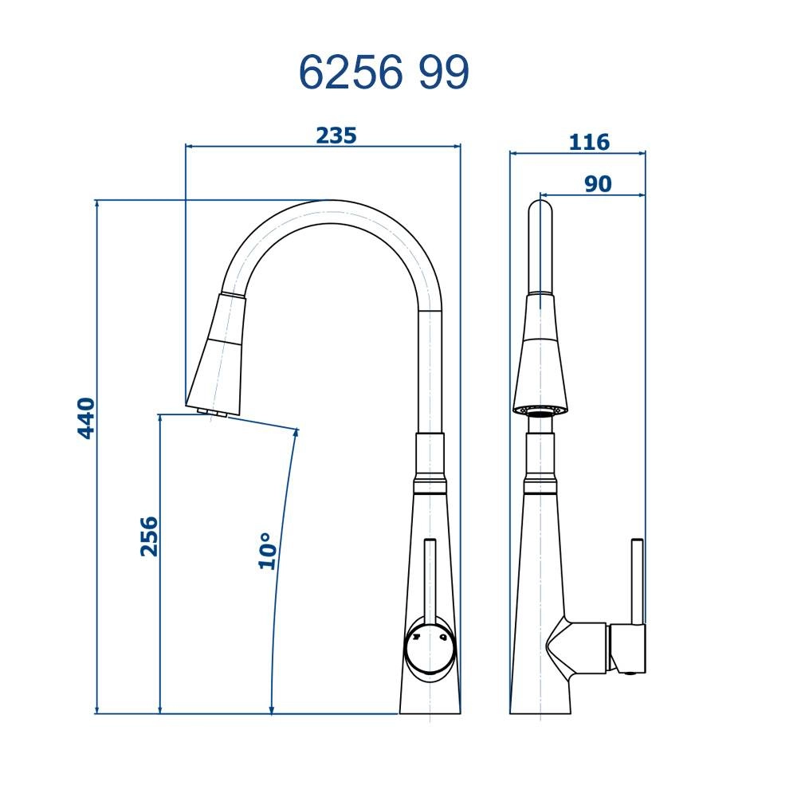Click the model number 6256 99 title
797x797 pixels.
pyautogui.click(x=383, y=73)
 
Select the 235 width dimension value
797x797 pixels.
pyautogui.click(x=336, y=135)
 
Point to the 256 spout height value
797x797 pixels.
pyautogui.click(x=149, y=536)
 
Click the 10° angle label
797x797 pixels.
pyautogui.click(x=267, y=551)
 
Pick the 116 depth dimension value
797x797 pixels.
pyautogui.click(x=589, y=143)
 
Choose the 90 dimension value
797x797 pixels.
pyautogui.click(x=598, y=184)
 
